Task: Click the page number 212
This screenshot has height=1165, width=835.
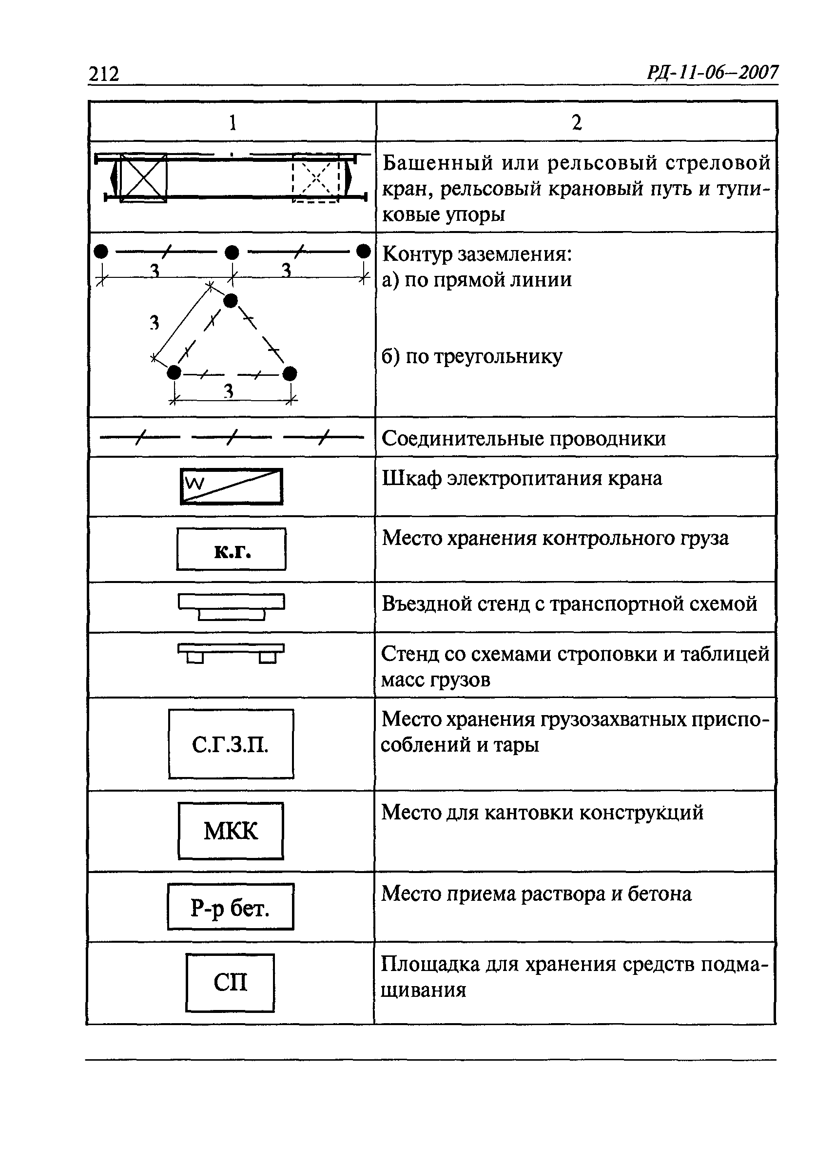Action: [104, 74]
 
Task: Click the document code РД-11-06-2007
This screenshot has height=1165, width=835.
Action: [712, 73]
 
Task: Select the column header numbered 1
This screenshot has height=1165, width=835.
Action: [233, 123]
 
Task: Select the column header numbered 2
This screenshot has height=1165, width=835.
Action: [576, 123]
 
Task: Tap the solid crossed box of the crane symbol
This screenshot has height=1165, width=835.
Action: [143, 178]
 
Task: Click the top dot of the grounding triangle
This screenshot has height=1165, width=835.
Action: [231, 300]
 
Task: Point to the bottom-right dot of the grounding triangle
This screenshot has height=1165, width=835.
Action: [290, 373]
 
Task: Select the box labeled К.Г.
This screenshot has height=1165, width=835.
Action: [231, 549]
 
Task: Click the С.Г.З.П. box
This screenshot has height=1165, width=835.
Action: [231, 744]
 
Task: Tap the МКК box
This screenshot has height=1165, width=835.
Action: [231, 831]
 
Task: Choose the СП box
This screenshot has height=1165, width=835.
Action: [230, 983]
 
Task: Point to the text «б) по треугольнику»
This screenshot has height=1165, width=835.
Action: [471, 356]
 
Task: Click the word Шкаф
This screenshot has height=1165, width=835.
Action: [411, 479]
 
